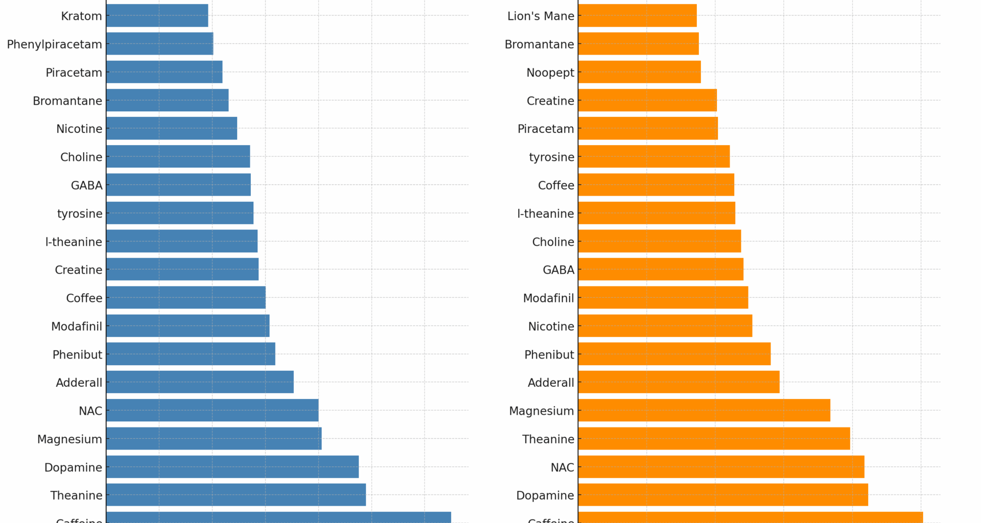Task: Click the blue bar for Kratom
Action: (157, 16)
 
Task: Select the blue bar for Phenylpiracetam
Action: (159, 44)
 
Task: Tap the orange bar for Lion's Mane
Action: (637, 16)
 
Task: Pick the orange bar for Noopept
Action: (639, 72)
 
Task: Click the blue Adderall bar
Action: (200, 382)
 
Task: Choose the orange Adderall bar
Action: (679, 382)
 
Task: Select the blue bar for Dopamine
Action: (232, 467)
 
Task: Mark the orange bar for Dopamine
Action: (723, 495)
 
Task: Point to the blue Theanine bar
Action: (236, 495)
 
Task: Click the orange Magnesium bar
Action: (704, 411)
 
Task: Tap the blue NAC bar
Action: (212, 411)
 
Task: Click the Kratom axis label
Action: (81, 16)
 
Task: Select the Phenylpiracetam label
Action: (54, 44)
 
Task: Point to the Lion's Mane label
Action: (541, 16)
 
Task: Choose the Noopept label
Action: (550, 73)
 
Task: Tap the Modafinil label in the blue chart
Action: (77, 326)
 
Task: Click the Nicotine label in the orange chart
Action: (551, 326)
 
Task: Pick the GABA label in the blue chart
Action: (86, 185)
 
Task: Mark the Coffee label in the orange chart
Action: (556, 185)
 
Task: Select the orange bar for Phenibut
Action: (674, 354)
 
